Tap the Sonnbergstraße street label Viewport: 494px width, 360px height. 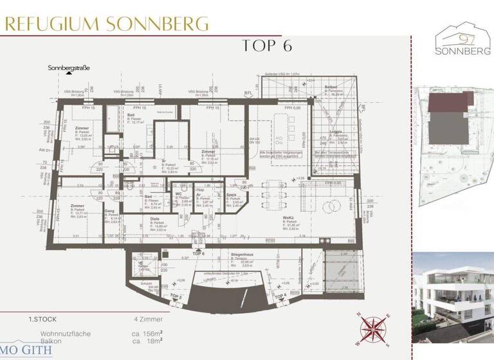point(68,67)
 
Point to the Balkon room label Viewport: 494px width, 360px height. point(331,86)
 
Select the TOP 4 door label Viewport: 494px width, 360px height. point(280,296)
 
